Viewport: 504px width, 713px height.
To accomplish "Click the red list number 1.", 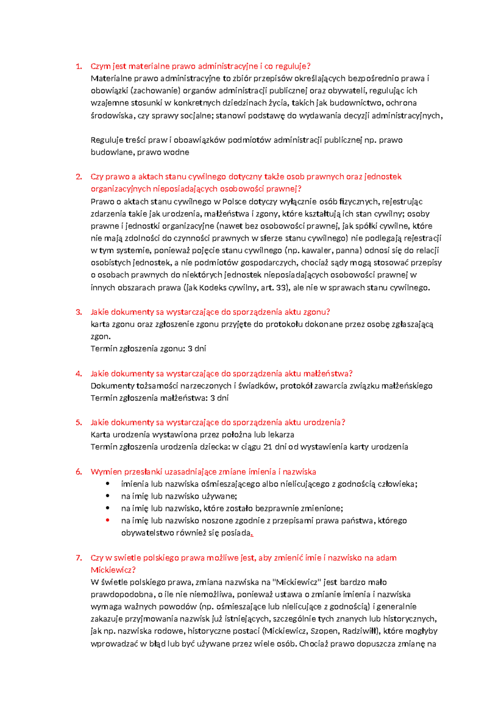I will point(78,66).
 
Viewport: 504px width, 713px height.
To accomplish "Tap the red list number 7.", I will point(78,558).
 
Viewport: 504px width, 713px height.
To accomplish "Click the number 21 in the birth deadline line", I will point(268,447).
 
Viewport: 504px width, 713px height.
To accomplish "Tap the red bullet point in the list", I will point(108,520).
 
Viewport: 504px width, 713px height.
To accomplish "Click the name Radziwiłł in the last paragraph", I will point(361,631).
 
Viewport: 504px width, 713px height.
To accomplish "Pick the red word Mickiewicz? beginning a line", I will point(113,570).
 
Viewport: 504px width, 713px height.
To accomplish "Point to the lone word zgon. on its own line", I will point(100,336).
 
